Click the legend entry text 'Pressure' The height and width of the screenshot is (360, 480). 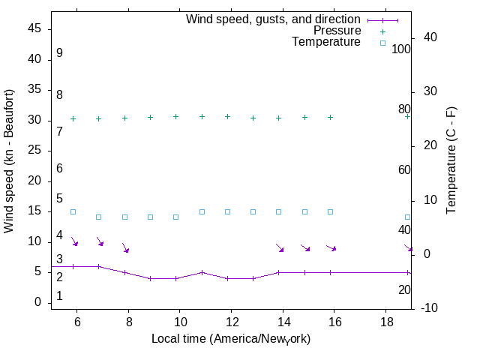click(337, 31)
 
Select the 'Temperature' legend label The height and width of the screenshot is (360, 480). click(326, 42)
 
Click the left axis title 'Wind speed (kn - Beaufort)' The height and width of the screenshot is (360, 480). click(9, 161)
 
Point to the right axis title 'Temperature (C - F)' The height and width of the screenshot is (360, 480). click(451, 160)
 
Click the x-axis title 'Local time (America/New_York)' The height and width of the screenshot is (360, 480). click(231, 339)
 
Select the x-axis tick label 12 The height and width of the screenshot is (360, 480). click(231, 321)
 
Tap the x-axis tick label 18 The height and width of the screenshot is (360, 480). click(385, 321)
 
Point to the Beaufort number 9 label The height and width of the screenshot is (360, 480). click(59, 53)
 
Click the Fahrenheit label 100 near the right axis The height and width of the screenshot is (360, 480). click(401, 49)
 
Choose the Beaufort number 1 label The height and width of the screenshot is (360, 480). click(59, 296)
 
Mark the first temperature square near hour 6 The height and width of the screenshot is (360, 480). click(73, 211)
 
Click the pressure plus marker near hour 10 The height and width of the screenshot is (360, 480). click(176, 117)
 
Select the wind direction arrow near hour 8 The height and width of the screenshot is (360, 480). click(125, 247)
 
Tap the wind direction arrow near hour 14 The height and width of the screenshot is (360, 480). click(280, 247)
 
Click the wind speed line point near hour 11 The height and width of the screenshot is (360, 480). click(202, 272)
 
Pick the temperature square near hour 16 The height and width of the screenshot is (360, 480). click(330, 211)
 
